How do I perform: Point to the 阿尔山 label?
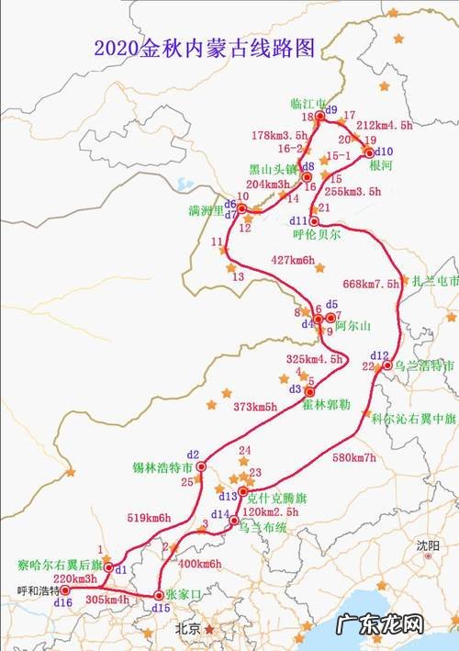[352, 326]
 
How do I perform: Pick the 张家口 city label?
[186, 594]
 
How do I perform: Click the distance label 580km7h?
[353, 457]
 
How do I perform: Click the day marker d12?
[379, 354]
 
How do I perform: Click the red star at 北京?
[210, 630]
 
